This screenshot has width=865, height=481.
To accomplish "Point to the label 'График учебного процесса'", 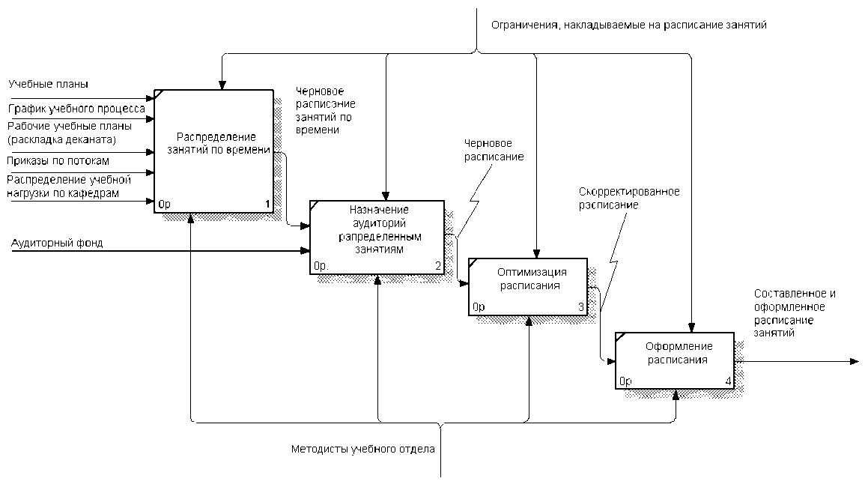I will [x=76, y=109].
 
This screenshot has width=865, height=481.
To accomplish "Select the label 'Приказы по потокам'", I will [x=58, y=160].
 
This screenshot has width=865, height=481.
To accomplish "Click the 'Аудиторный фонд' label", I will [x=57, y=243].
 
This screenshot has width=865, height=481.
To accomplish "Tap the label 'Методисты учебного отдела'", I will [x=362, y=450].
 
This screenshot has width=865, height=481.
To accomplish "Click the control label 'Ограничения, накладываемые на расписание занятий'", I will [x=628, y=25].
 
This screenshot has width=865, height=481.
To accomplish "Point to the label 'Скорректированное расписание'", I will [x=628, y=198].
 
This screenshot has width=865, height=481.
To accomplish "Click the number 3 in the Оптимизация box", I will [x=580, y=307].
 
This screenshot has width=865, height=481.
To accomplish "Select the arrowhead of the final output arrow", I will [x=854, y=362].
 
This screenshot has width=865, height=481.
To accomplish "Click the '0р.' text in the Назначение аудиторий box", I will [x=321, y=265].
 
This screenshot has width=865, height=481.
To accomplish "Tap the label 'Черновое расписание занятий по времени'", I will [x=325, y=110].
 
